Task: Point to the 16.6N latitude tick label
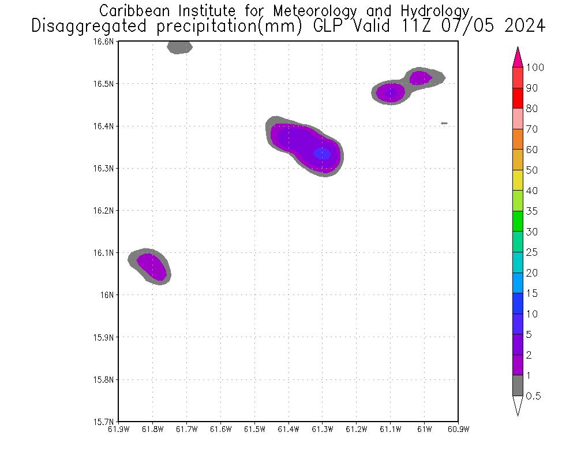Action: pyautogui.click(x=104, y=42)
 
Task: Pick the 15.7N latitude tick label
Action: pyautogui.click(x=104, y=422)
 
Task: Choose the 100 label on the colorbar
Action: pyautogui.click(x=535, y=68)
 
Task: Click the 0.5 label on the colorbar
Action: pyautogui.click(x=535, y=396)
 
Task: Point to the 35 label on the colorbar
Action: pyautogui.click(x=531, y=211)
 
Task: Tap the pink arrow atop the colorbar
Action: pyautogui.click(x=518, y=57)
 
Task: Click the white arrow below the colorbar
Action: pyautogui.click(x=518, y=405)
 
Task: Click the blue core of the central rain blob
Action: pyautogui.click(x=322, y=154)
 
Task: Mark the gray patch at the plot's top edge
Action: pyautogui.click(x=179, y=47)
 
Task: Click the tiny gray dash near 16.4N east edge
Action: pyautogui.click(x=444, y=123)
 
